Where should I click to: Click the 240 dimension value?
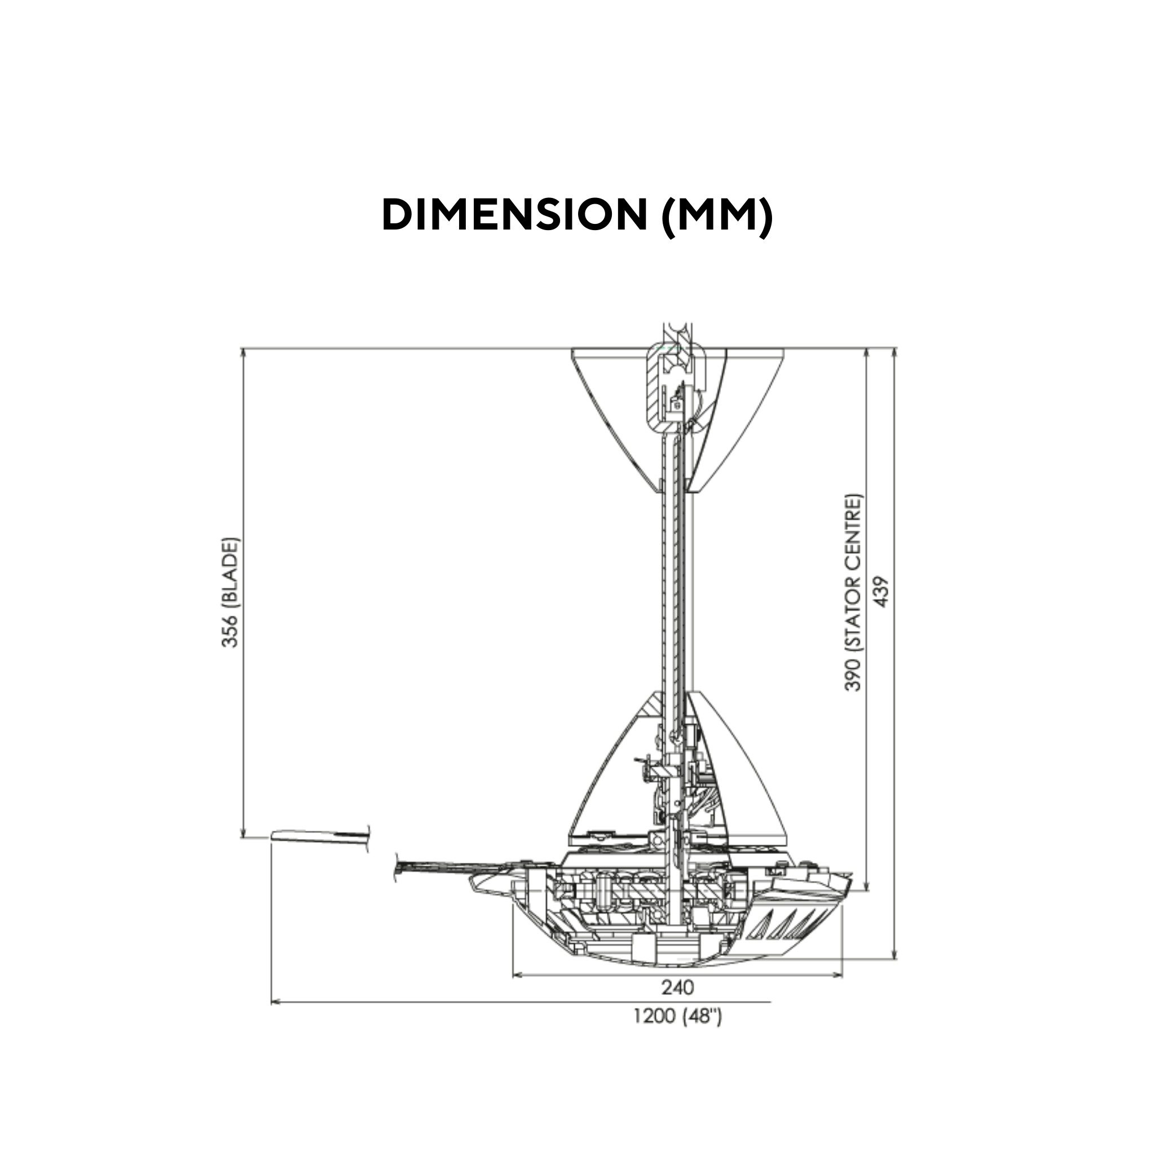[677, 987]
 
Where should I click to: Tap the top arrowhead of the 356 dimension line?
[243, 352]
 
